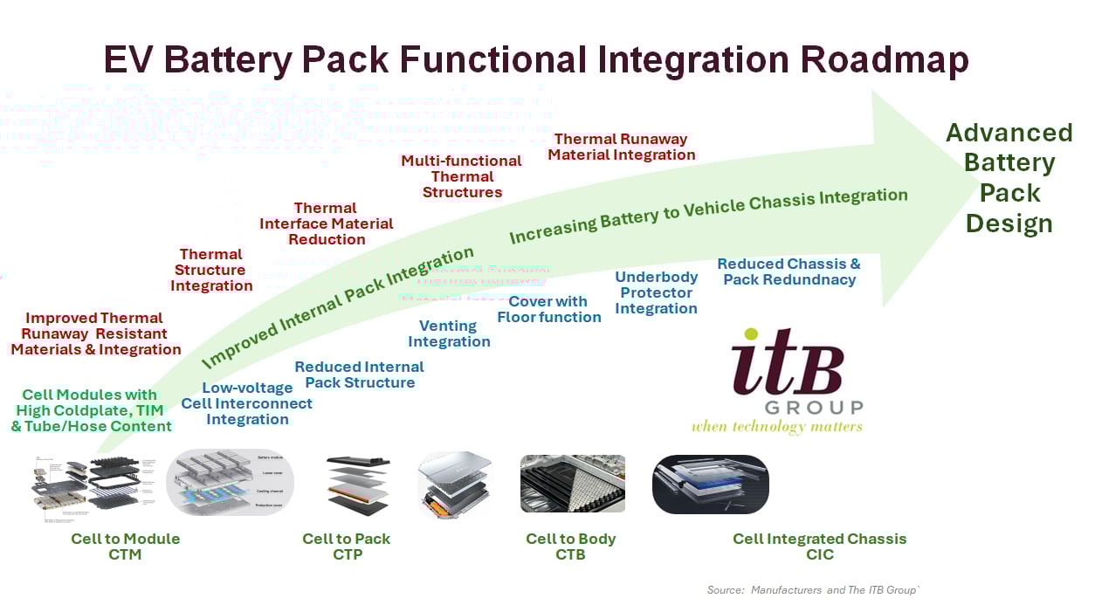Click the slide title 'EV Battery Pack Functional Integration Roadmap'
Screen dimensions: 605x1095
(535, 60)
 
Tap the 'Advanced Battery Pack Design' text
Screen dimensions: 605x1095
(1009, 178)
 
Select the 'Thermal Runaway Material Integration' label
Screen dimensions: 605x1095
(621, 147)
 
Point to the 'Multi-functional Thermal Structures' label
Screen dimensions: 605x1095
(462, 176)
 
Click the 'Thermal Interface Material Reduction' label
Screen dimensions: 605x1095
(326, 223)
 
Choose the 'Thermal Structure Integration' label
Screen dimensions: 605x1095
(211, 270)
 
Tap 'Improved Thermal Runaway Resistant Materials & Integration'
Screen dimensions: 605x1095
(95, 333)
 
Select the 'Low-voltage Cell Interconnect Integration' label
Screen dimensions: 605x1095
(246, 403)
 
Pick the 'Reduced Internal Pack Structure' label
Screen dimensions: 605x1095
(359, 375)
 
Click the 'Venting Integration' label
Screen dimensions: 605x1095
(449, 333)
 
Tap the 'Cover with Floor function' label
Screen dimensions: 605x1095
(548, 309)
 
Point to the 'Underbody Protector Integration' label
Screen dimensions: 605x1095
(656, 292)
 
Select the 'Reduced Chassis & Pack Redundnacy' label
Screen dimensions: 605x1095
(789, 272)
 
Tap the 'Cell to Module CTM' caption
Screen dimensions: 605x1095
(126, 547)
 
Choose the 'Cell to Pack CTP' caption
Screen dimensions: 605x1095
(347, 547)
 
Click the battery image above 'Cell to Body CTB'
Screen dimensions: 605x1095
(572, 483)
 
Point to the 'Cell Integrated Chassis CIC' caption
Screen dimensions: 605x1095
(819, 547)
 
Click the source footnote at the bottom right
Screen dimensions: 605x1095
(812, 590)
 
